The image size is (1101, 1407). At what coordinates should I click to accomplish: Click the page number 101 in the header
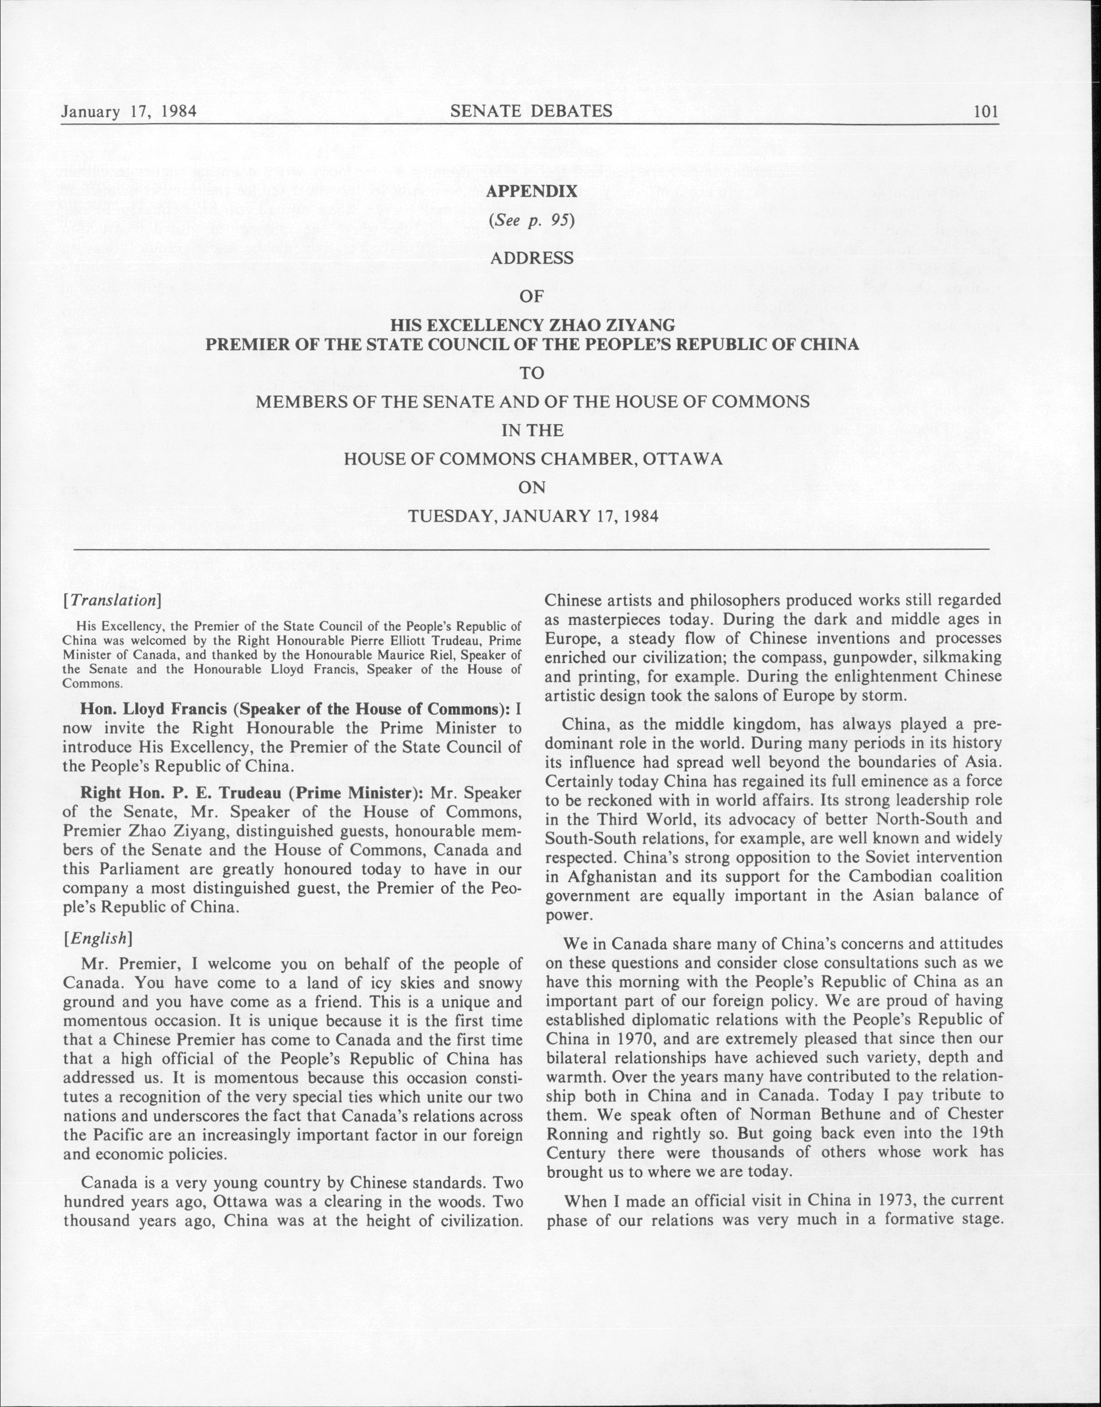986,112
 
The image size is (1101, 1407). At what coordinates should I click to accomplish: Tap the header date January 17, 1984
129,112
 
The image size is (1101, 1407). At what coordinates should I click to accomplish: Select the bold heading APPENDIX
531,191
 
